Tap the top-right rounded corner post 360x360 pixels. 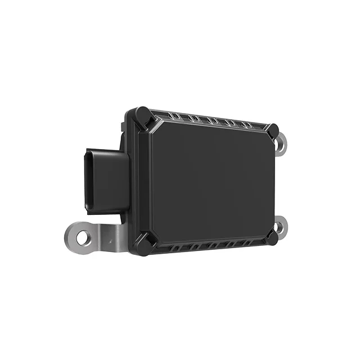coord(272,130)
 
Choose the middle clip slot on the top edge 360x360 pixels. coord(212,120)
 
